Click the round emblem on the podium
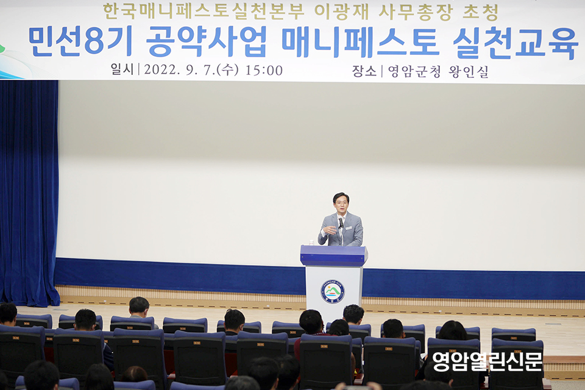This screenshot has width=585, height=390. pos(333,291)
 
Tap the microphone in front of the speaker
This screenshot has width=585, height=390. pos(341,223)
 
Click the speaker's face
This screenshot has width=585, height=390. pos(341,204)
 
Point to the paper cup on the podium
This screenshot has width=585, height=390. pos(311,242)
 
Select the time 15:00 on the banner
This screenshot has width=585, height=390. pos(264,70)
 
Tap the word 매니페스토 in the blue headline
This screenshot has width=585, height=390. pos(360,42)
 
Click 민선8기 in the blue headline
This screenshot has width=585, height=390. pos(80,42)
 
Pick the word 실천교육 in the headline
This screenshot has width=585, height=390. pos(516,43)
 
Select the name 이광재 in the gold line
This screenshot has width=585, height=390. pos(341,12)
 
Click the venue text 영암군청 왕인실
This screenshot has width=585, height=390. pos(438,71)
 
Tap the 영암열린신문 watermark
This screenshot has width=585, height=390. pos(487,361)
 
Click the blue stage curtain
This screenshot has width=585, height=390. pos(29,192)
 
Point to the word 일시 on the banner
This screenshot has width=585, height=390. pos(122,69)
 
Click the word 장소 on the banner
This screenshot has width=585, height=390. pos(364,71)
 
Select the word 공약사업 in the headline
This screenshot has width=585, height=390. pos(207,42)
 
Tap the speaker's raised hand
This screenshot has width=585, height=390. pos(330,230)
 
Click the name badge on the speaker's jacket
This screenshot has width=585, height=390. pos(349,227)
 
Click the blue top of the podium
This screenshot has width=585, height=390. pos(334,255)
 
